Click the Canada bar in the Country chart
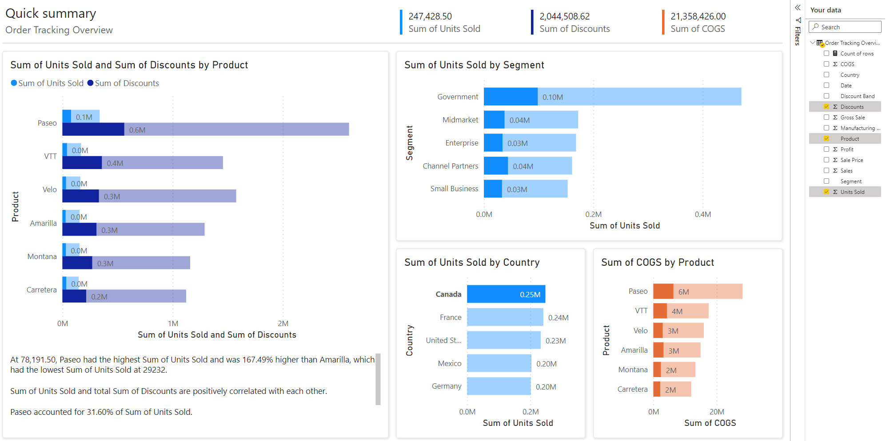506,294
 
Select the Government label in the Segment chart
458,97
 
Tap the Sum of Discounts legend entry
126,83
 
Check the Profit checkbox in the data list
826,150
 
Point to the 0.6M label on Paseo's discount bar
137,130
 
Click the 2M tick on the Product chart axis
283,323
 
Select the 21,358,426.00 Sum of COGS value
698,16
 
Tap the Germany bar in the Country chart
499,386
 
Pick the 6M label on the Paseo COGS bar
683,292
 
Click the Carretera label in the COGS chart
632,389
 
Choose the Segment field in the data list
850,181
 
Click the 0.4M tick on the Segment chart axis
702,214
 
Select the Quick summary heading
51,13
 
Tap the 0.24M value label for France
558,318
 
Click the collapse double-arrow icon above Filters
798,8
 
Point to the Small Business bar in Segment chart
525,189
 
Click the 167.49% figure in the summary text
257,360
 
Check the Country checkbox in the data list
826,75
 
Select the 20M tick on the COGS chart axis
716,412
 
